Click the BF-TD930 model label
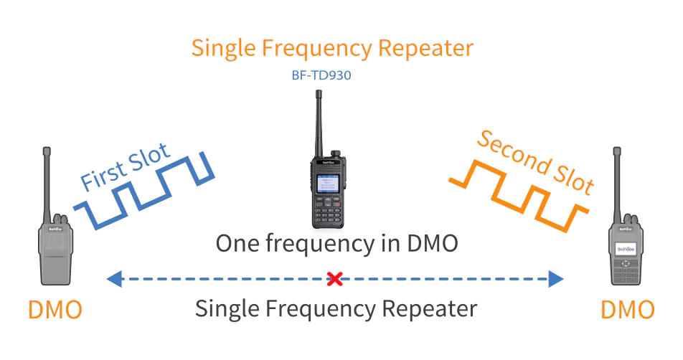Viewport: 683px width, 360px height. pos(321,75)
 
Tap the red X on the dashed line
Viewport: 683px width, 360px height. pos(334,278)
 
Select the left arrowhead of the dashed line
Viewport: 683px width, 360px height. pos(115,278)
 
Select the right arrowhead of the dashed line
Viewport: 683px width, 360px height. pos(556,278)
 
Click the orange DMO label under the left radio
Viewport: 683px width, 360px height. pos(55,310)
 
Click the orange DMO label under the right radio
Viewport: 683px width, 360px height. pos(628,310)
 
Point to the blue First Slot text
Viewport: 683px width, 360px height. pos(126,166)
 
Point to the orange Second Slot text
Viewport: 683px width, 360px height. pos(536,162)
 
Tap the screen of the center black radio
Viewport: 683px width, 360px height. pos(328,184)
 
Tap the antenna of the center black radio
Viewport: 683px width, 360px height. pos(319,123)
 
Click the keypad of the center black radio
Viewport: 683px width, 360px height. pos(328,210)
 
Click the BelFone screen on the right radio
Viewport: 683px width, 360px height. pos(626,249)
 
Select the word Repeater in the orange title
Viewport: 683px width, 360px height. pos(425,48)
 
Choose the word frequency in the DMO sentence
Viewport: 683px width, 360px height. pos(320,243)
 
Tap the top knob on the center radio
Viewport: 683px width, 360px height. pos(335,153)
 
